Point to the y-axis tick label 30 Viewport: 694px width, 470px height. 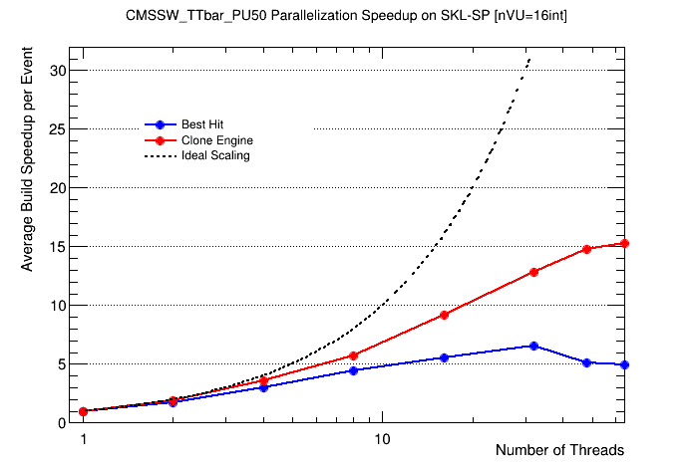coord(58,71)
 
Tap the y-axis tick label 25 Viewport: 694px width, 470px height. coord(58,129)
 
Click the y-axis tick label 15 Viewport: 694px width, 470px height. coord(58,247)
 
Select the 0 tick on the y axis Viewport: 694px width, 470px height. coord(62,423)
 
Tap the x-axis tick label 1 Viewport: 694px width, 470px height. coord(84,439)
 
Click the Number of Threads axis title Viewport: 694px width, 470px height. coord(559,451)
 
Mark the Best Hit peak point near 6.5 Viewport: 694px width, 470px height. coord(534,346)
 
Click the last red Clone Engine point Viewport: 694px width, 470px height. coord(624,243)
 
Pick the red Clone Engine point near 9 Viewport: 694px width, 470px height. coord(444,315)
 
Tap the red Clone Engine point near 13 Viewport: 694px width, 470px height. coord(534,272)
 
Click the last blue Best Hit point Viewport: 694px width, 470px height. coord(624,364)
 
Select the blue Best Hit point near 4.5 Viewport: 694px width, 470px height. coord(354,370)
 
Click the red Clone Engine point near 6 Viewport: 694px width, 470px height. coord(354,355)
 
